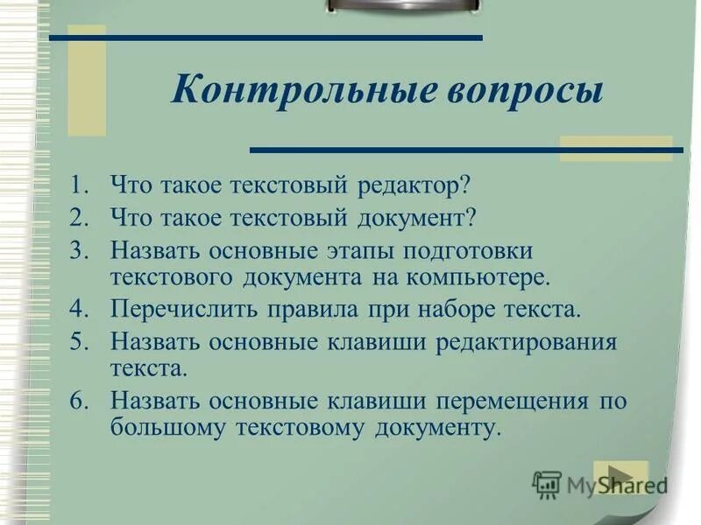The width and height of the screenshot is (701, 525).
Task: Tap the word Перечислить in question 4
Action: (184, 309)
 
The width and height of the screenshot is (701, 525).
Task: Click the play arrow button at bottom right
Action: (620, 475)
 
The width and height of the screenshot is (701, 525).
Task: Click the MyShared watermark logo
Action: (598, 484)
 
